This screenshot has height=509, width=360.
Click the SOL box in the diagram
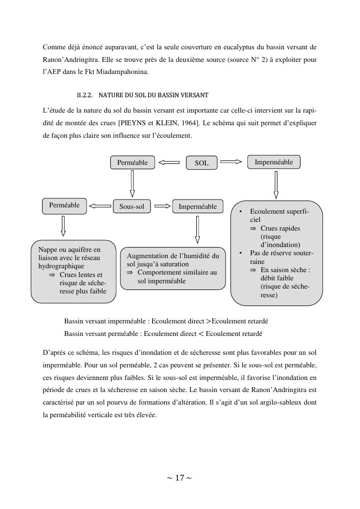[202, 163]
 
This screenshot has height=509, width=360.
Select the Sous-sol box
[132, 207]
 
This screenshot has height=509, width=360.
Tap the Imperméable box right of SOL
[274, 162]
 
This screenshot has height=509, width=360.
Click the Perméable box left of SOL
[132, 162]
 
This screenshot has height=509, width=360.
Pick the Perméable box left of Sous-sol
[64, 205]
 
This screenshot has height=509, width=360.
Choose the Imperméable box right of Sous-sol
[198, 207]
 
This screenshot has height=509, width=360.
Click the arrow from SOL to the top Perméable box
[169, 163]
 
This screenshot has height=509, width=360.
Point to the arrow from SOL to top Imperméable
[231, 162]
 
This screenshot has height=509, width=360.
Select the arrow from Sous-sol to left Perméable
[100, 206]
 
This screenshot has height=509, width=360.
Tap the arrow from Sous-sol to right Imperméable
[163, 206]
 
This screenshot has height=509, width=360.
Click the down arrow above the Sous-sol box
[132, 184]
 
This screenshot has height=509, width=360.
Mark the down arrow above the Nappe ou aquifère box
[63, 226]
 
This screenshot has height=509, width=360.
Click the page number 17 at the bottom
[179, 478]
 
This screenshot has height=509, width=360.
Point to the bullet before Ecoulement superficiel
[241, 212]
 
